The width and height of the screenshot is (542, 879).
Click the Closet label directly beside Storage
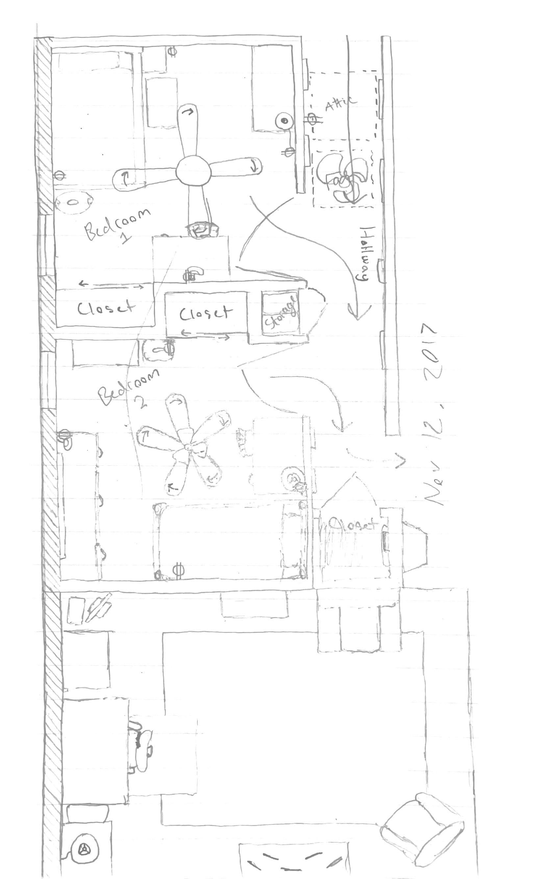204,314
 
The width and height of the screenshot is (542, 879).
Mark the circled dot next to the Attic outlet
284,121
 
